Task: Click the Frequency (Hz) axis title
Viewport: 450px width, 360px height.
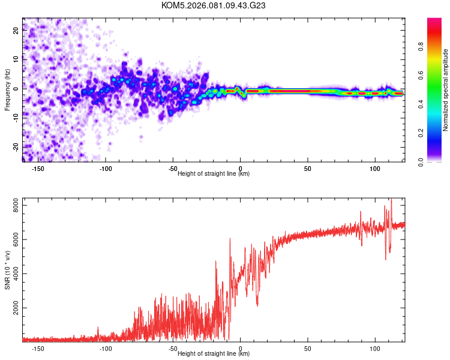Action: (x=7, y=89)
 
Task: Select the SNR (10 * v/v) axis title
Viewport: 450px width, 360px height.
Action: (x=7, y=269)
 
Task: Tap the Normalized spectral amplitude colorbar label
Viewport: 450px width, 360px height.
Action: (x=446, y=89)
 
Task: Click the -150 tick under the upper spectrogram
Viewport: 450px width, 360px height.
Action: (x=37, y=169)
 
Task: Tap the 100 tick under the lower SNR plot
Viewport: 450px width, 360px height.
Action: (x=376, y=348)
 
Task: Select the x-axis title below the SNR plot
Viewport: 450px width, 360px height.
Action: (x=214, y=354)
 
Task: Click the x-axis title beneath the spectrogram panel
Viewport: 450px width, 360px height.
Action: (x=214, y=174)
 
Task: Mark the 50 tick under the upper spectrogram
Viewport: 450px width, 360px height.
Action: (x=308, y=169)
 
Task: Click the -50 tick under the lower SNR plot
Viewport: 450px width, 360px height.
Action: (x=173, y=348)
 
